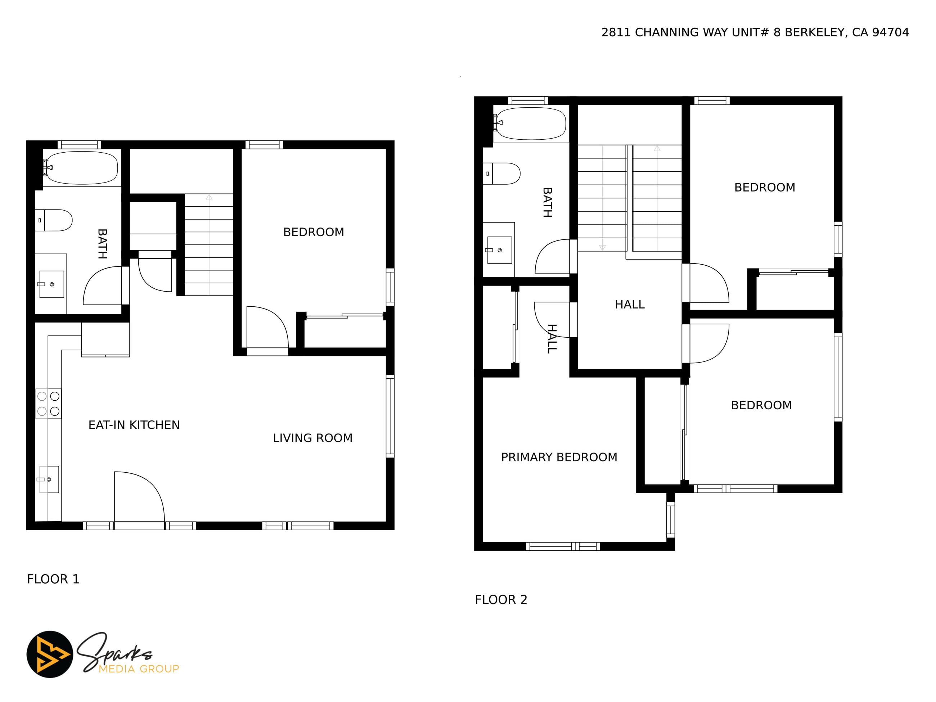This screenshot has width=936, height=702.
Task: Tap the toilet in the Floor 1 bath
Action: click(53, 220)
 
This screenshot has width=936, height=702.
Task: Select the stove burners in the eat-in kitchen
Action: click(48, 404)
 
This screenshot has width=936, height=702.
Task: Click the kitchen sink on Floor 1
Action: click(49, 480)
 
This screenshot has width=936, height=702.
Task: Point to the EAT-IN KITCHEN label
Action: click(134, 425)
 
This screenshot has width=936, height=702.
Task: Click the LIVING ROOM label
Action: click(313, 438)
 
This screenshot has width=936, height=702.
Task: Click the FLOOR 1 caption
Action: click(53, 579)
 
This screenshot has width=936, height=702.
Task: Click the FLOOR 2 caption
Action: click(501, 600)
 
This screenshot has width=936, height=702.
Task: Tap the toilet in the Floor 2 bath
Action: click(501, 174)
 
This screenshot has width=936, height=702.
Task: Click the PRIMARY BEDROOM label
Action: click(559, 457)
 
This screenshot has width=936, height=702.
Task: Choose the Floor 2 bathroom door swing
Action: click(553, 256)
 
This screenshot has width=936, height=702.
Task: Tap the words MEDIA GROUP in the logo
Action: click(139, 669)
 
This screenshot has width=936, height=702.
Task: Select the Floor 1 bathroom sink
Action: click(51, 284)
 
